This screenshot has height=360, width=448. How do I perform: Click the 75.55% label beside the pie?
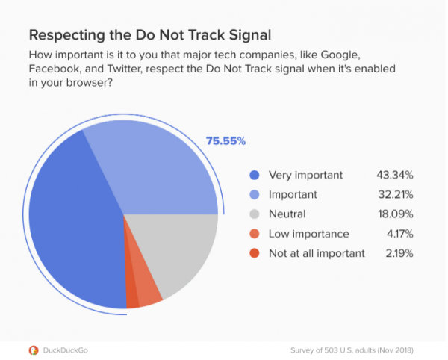point(225,140)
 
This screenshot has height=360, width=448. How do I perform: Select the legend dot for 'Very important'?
point(254,175)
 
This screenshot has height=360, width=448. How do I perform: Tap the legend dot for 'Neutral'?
point(254,214)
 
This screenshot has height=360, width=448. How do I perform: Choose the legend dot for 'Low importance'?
point(254,233)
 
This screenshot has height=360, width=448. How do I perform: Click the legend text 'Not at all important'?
point(317,253)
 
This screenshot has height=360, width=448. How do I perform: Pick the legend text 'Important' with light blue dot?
point(293,194)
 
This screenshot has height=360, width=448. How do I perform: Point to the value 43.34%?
point(396,175)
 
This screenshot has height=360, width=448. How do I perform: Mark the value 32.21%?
point(396,194)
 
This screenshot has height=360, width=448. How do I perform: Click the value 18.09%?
point(396,214)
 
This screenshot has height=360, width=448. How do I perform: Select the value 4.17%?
point(399,233)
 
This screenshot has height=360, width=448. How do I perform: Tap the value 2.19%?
point(399,253)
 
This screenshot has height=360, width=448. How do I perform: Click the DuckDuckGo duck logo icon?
point(33,350)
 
